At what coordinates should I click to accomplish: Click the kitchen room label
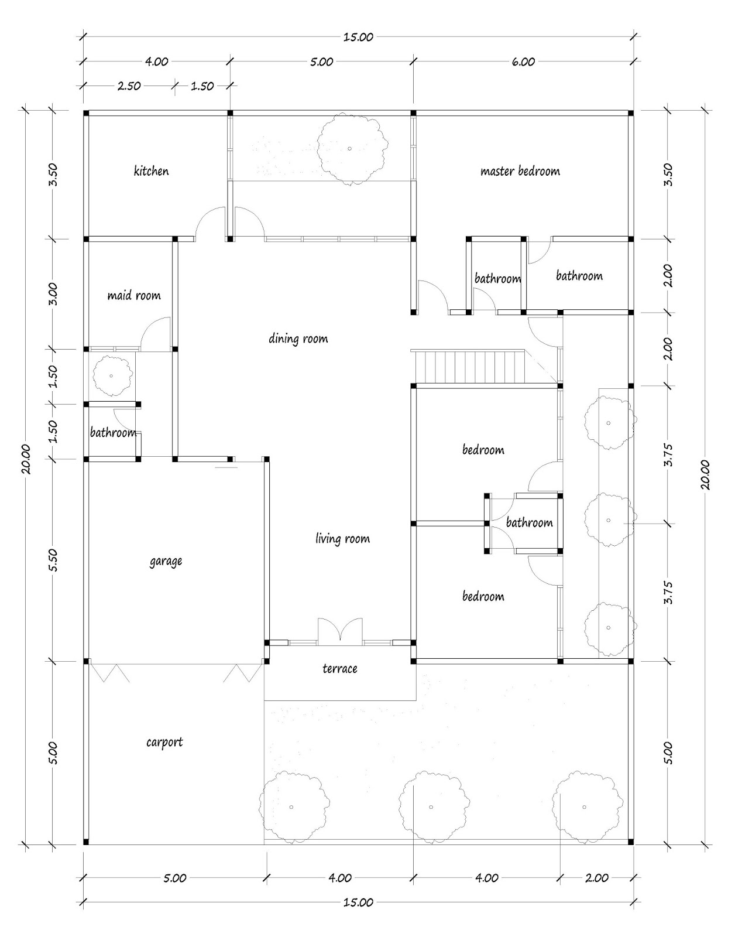[151, 172]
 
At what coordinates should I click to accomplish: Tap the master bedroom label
[520, 172]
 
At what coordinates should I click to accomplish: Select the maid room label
[133, 296]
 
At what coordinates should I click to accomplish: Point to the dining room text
[298, 338]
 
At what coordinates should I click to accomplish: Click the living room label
[342, 539]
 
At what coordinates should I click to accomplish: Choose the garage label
[166, 562]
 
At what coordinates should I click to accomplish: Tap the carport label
[164, 743]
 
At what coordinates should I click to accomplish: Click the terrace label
[339, 669]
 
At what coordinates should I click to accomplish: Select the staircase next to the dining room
[468, 367]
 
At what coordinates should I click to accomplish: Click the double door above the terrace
[340, 632]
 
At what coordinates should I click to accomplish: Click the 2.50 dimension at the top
[129, 86]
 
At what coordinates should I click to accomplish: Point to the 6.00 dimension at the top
[523, 61]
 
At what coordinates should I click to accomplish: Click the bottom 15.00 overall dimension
[358, 902]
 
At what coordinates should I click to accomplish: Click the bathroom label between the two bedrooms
[529, 523]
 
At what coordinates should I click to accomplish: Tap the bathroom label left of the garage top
[113, 433]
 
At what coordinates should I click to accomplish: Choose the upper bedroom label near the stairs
[483, 450]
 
